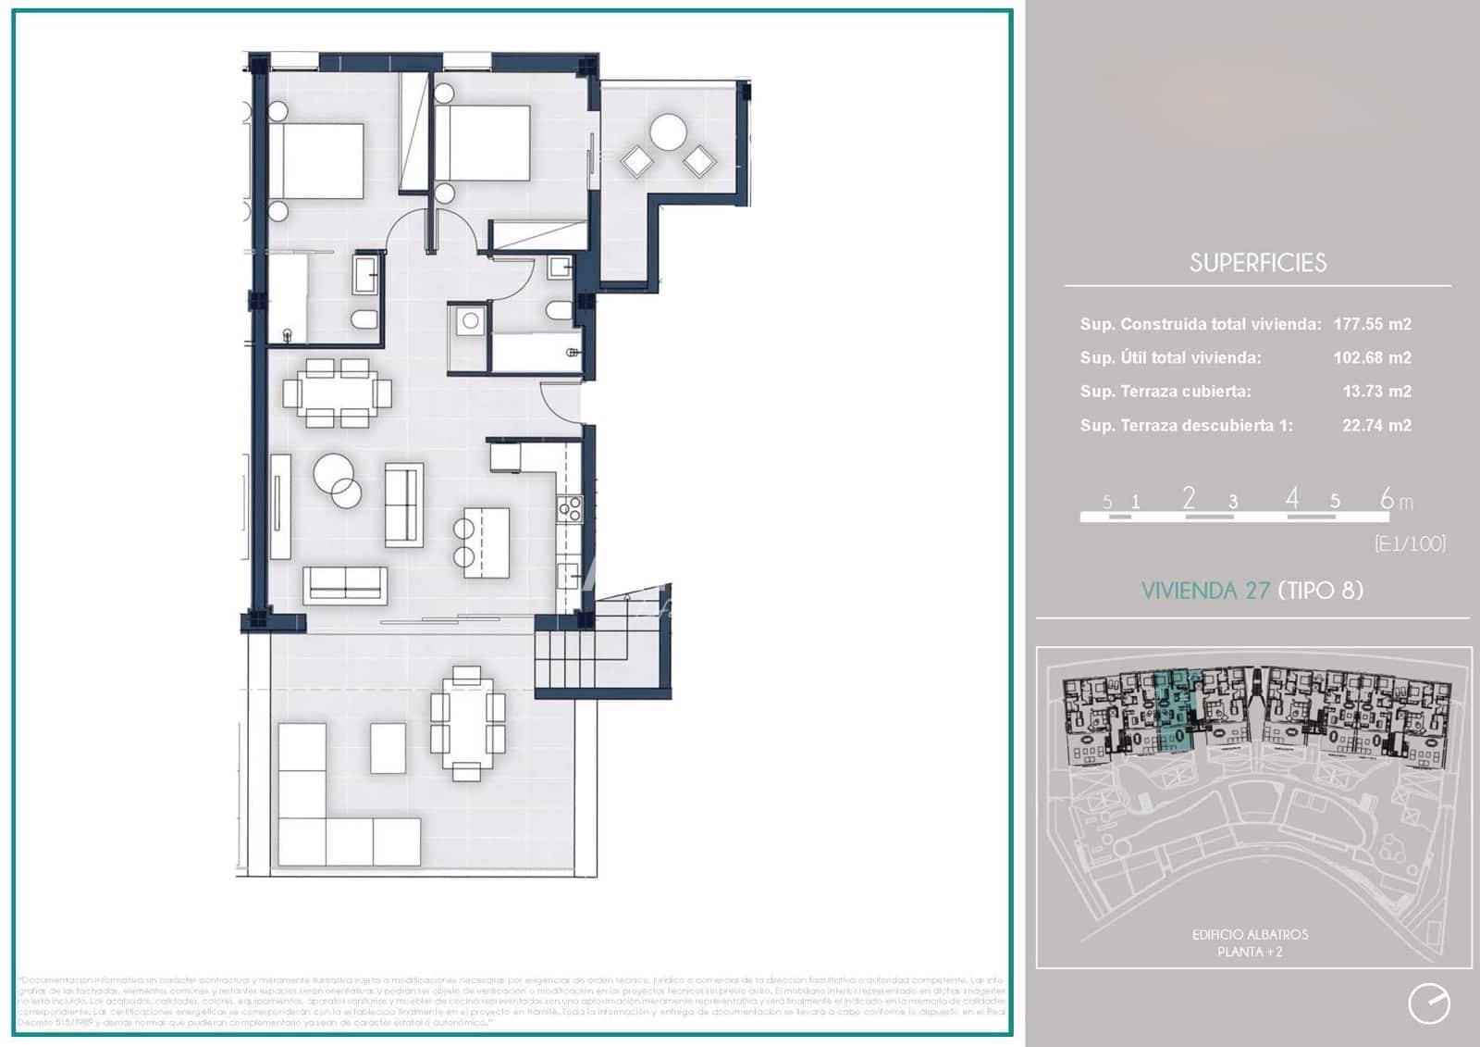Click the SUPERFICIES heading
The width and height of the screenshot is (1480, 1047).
[x=1257, y=263]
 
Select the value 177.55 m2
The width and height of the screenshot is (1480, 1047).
[x=1372, y=324]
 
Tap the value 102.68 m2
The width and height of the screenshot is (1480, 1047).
[x=1372, y=357]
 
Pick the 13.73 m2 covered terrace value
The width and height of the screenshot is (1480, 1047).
[x=1376, y=392]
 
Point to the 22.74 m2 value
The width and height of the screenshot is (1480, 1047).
[x=1376, y=426]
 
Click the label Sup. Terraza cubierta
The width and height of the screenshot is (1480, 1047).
[x=1165, y=392]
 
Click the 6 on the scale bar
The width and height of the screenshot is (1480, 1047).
[x=1387, y=499]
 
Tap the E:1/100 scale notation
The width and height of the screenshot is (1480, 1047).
[x=1410, y=543]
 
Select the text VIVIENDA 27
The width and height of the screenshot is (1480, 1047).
[x=1205, y=591]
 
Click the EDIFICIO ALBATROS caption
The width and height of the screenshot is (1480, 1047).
[x=1250, y=935]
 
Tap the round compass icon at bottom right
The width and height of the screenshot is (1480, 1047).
[x=1428, y=1003]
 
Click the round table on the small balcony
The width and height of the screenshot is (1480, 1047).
[x=668, y=132]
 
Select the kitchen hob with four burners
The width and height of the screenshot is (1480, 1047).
[x=569, y=508]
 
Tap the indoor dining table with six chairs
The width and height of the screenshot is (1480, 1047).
[x=337, y=393]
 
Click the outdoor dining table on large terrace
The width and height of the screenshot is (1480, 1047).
[x=468, y=723]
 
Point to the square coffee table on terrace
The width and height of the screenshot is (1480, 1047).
[x=388, y=748]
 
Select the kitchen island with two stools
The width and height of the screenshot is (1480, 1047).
[x=487, y=541]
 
